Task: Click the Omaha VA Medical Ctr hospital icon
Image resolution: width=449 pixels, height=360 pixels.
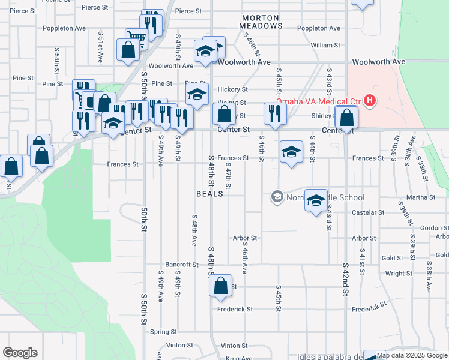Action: (x=370, y=100)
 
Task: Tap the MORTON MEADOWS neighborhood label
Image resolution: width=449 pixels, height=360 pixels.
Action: (x=261, y=22)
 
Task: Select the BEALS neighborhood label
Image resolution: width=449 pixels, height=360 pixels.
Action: (x=210, y=194)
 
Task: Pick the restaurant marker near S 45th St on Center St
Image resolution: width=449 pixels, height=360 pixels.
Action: (x=275, y=114)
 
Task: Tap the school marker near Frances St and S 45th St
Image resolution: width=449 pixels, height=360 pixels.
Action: (x=291, y=151)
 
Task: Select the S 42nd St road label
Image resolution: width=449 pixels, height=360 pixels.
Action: (x=346, y=278)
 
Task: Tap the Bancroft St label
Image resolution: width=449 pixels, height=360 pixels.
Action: (x=182, y=264)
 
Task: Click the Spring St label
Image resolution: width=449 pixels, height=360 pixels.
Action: (x=163, y=331)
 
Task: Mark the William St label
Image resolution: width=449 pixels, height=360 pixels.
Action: (x=326, y=45)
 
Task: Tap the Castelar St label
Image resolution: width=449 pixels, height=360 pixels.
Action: (x=368, y=212)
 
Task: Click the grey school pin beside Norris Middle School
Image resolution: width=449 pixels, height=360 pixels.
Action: (x=277, y=196)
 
